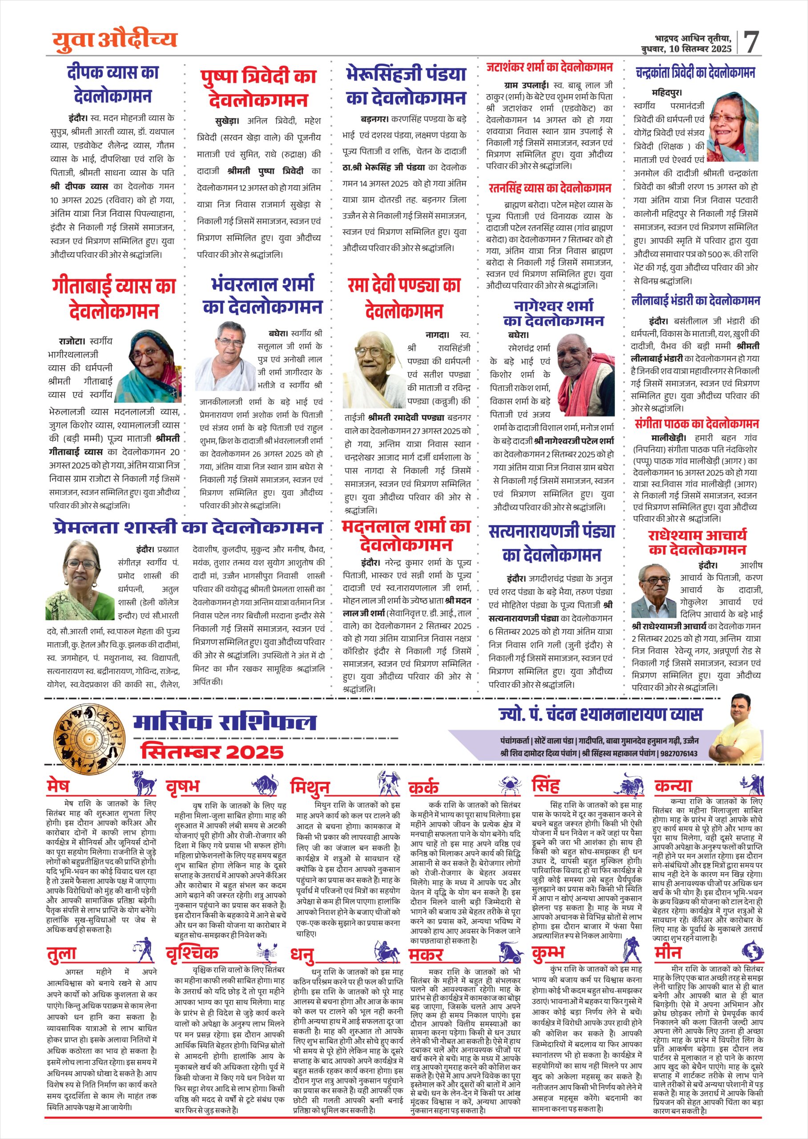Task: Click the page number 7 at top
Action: click(x=752, y=42)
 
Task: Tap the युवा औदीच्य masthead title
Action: click(x=115, y=40)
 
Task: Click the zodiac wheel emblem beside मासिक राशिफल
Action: click(x=89, y=738)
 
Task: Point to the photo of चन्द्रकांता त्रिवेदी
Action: click(x=733, y=126)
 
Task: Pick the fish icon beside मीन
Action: click(x=752, y=951)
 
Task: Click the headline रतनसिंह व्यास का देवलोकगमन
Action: click(x=549, y=188)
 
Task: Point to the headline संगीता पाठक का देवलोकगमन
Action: click(x=696, y=424)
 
